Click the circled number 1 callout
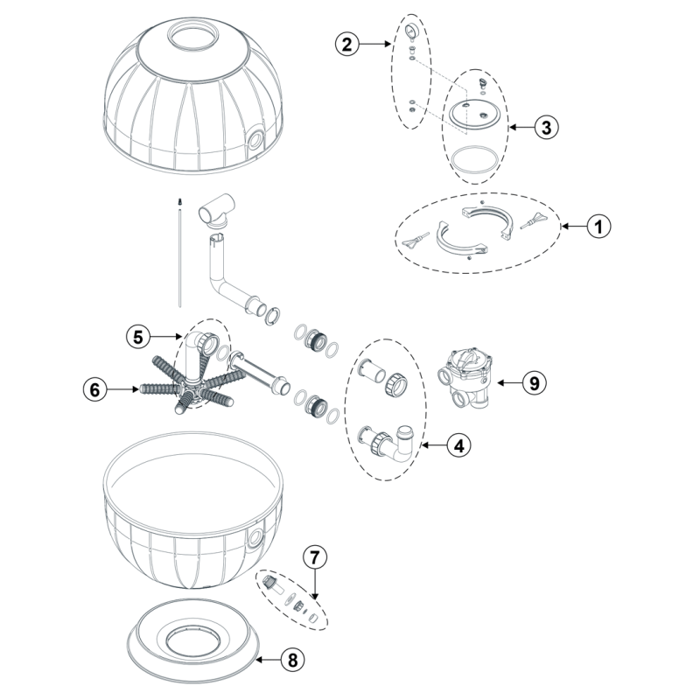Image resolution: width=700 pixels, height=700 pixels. [x=598, y=227]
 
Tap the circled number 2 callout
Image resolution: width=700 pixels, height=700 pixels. [x=346, y=44]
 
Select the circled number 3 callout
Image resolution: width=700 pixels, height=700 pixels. [x=547, y=127]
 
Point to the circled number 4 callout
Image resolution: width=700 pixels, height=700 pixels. [x=459, y=445]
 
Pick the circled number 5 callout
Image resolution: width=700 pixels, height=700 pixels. [x=138, y=337]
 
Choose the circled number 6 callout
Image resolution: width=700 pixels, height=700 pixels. [x=95, y=389]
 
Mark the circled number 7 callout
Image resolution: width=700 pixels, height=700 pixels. [x=315, y=557]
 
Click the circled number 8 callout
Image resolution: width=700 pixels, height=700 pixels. [x=293, y=660]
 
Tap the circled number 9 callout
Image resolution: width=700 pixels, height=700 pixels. [x=535, y=383]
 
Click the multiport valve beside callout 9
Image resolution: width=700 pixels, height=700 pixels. [x=465, y=378]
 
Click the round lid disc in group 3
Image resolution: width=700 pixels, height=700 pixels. [x=474, y=115]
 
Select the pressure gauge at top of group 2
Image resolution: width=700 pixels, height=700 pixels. [x=410, y=31]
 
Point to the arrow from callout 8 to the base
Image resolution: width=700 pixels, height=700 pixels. [x=268, y=660]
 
